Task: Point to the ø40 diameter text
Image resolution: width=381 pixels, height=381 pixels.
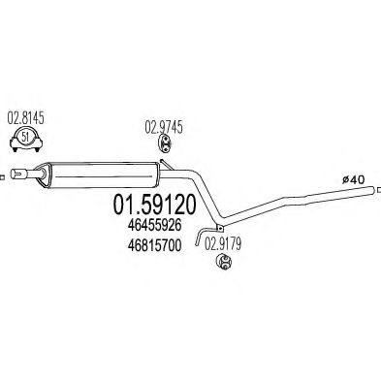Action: pyautogui.click(x=356, y=177)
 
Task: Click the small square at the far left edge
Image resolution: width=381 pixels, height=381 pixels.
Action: pyautogui.click(x=3, y=176)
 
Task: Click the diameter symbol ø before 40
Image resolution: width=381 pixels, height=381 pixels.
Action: pyautogui.click(x=347, y=177)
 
